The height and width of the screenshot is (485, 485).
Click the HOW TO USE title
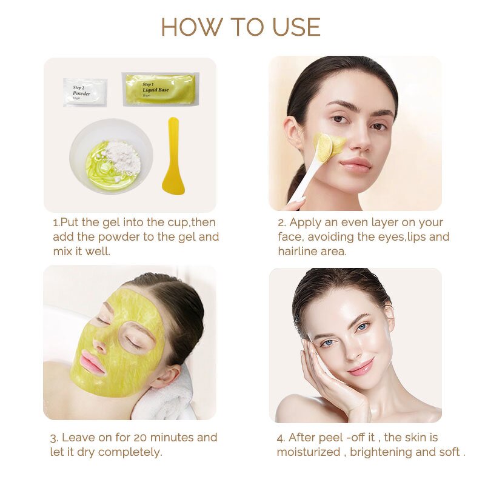coord(241,27)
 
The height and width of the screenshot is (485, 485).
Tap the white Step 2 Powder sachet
coord(85,92)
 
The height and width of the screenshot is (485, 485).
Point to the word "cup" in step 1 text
coord(179,222)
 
